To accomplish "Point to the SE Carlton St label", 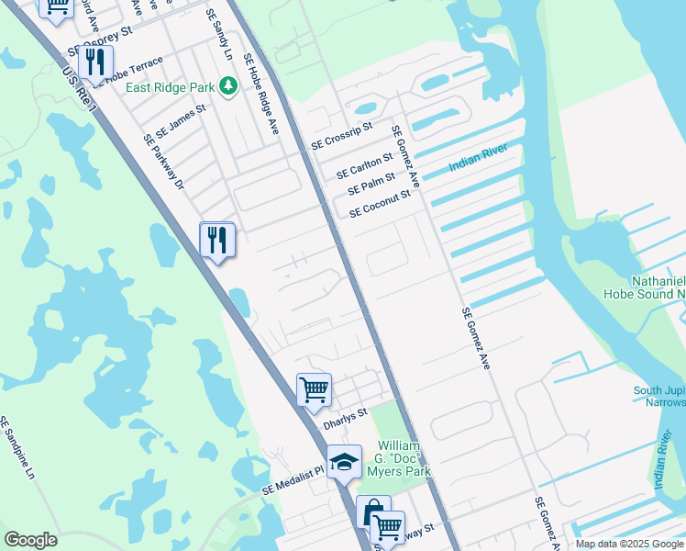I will pyautogui.click(x=364, y=166).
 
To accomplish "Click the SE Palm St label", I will pyautogui.click(x=371, y=184).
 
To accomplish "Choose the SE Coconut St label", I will pyautogui.click(x=379, y=204).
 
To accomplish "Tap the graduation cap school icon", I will pyautogui.click(x=344, y=462).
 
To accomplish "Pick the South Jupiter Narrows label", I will pyautogui.click(x=658, y=397).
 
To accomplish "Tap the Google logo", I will pyautogui.click(x=30, y=540).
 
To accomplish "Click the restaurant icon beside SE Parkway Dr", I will pyautogui.click(x=217, y=241).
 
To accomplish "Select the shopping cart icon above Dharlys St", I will pyautogui.click(x=314, y=389).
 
